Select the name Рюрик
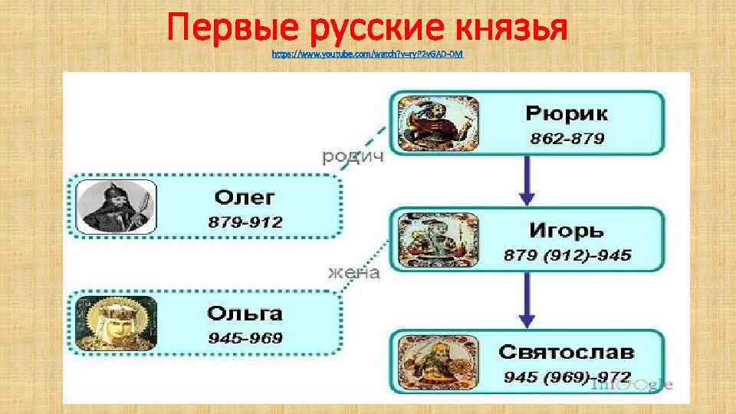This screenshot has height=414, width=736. (x=567, y=114)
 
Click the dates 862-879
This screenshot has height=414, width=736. (x=567, y=139)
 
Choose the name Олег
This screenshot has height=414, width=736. (x=244, y=198)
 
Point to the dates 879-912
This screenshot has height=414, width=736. (x=245, y=222)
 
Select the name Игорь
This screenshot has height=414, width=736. (x=567, y=230)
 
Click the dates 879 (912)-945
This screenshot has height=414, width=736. (x=567, y=255)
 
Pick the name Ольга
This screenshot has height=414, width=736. (x=245, y=314)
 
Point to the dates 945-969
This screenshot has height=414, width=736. (x=245, y=338)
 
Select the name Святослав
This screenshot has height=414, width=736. (x=567, y=352)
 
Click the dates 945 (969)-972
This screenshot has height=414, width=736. (x=567, y=376)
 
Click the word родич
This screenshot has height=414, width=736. (x=352, y=156)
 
